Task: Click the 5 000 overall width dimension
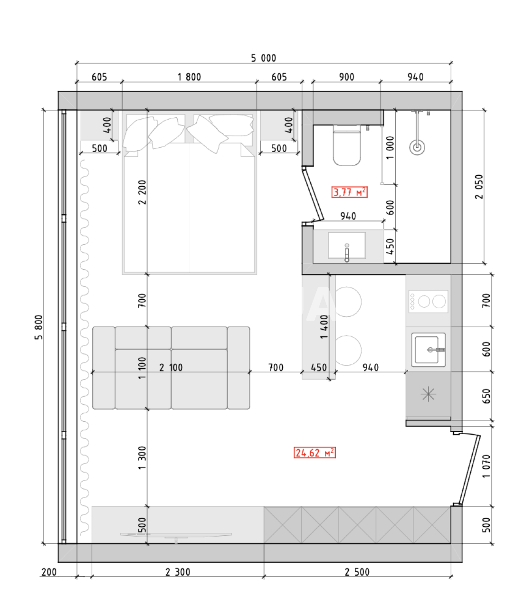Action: tap(263, 58)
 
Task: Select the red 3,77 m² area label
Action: tap(350, 192)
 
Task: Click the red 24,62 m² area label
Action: tap(315, 453)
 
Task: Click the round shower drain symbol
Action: tap(417, 147)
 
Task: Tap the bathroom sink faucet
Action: tap(347, 254)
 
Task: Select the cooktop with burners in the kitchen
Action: tap(429, 301)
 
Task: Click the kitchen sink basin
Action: tap(427, 350)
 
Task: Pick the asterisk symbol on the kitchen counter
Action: tap(428, 394)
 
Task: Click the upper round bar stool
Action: tap(348, 301)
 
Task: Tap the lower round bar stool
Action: tap(348, 350)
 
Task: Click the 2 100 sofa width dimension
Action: tap(171, 367)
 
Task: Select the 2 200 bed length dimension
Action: tap(142, 192)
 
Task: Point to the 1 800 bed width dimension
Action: tap(189, 77)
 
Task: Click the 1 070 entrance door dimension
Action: tap(486, 466)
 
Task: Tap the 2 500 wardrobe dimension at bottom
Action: tap(357, 572)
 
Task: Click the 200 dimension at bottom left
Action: tap(49, 572)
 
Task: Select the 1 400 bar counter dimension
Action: tap(324, 326)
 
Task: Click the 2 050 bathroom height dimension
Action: tap(479, 186)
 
